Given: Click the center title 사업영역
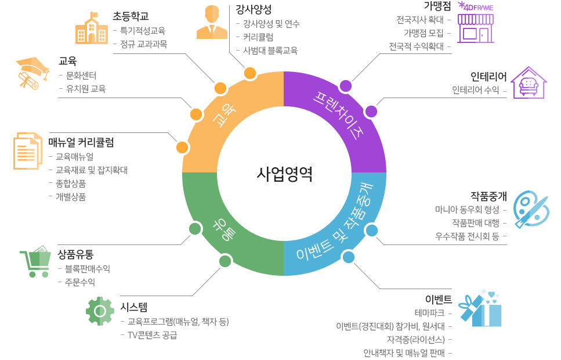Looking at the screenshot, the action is point(284,174).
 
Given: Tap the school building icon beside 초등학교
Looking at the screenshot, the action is point(92,28).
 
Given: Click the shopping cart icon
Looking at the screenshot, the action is point(35,261).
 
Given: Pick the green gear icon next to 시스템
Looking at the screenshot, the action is point(100,311).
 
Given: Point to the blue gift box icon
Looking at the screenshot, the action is point(480,309).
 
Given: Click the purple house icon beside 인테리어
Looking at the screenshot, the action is point(529,83).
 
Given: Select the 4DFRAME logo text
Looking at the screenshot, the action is point(476,7).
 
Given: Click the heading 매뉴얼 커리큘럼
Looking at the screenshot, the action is point(81,142).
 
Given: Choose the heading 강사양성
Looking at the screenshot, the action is point(254,9).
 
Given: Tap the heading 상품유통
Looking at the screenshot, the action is point(75,254).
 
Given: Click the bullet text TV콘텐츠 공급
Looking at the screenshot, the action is point(153,335).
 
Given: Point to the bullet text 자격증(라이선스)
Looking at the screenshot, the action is point(416,339).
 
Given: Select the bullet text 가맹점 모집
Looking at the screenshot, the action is point(424,33).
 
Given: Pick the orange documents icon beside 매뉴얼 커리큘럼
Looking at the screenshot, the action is point(28,151).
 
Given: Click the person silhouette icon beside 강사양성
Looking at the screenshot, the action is point(212,22).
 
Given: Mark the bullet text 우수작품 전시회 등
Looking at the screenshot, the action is point(467,236).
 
